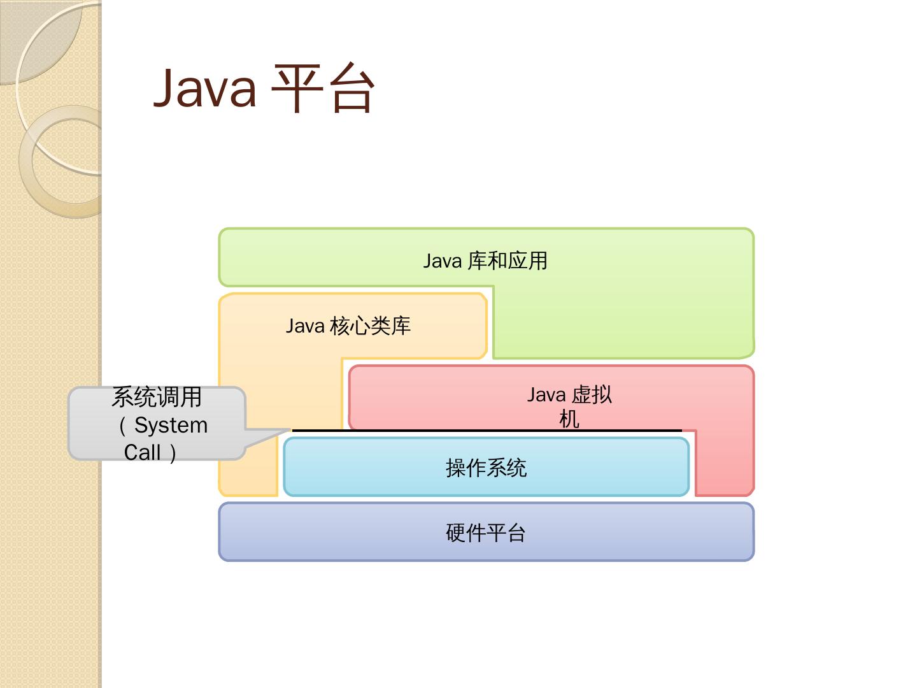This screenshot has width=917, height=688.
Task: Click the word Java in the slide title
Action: (x=205, y=88)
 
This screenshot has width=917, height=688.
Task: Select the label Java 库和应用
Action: (x=485, y=261)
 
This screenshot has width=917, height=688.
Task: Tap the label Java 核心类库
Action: (x=348, y=326)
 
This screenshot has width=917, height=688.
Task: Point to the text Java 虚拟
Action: (x=569, y=395)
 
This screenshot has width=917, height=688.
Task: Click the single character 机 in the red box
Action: (x=569, y=419)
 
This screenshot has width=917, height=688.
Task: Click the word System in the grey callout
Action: (x=171, y=425)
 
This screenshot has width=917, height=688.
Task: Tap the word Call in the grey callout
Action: (x=142, y=452)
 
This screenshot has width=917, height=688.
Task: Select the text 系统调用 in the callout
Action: (x=157, y=397)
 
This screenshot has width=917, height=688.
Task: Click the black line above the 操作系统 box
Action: (x=487, y=431)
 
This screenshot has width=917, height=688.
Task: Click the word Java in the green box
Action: (x=442, y=261)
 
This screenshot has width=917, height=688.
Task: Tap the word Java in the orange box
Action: (x=304, y=326)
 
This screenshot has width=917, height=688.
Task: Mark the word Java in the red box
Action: (x=546, y=395)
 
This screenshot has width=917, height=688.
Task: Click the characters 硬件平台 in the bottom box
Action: (x=486, y=533)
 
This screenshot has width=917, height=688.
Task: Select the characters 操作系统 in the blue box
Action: (x=486, y=468)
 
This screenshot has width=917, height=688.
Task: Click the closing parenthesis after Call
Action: (x=172, y=452)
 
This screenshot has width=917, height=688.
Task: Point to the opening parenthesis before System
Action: (x=123, y=425)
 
